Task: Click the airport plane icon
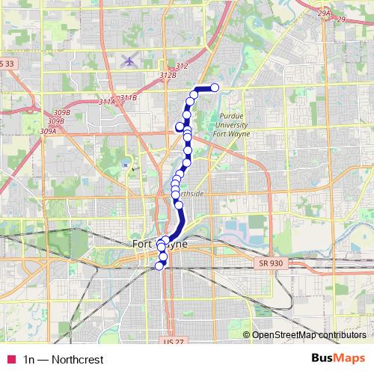click(x=129, y=60)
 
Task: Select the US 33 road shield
click(x=7, y=64)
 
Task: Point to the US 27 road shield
click(x=171, y=340)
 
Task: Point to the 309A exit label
click(x=49, y=131)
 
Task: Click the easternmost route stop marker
click(x=215, y=88)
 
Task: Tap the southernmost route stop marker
click(x=158, y=266)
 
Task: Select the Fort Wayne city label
click(x=159, y=245)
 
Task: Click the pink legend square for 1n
click(x=10, y=360)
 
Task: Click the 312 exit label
click(x=182, y=67)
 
